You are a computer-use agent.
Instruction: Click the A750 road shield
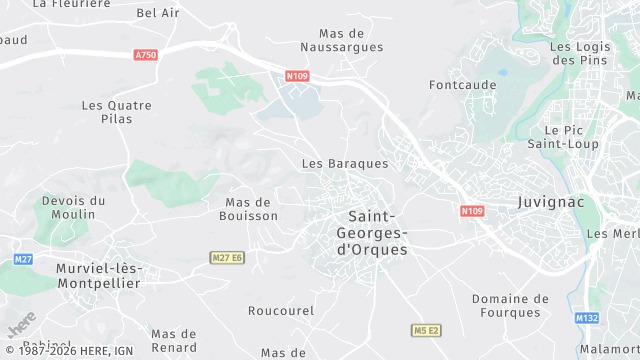(x=146, y=55)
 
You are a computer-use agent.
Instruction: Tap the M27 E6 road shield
(x=228, y=258)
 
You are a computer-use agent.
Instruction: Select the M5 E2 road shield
(x=427, y=330)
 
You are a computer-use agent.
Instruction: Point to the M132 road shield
(x=586, y=318)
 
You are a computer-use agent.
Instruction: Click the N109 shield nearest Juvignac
(x=472, y=211)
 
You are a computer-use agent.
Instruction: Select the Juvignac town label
(x=551, y=202)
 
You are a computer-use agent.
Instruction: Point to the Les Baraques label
(x=345, y=163)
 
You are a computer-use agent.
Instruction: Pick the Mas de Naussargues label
(x=342, y=40)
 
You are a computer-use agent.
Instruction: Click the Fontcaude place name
(x=463, y=85)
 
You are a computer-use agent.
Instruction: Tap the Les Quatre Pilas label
(x=116, y=111)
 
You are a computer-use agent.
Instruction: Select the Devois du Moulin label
(x=73, y=207)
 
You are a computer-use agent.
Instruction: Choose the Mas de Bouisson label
(x=250, y=208)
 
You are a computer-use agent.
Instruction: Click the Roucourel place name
(x=281, y=311)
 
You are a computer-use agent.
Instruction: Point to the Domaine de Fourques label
(x=510, y=306)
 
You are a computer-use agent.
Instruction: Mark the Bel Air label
(x=158, y=13)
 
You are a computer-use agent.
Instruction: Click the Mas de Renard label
(x=174, y=340)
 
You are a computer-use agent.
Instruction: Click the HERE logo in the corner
(x=21, y=326)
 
